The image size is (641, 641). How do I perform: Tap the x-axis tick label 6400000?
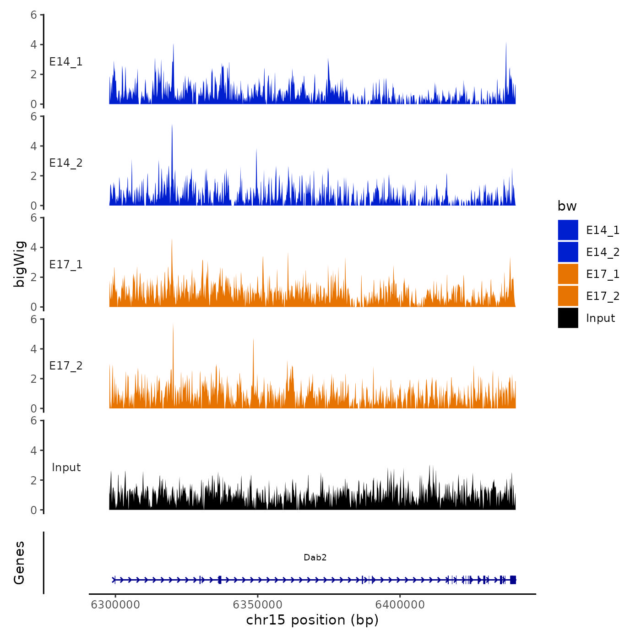point(400,605)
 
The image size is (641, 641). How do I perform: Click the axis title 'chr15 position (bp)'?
point(312,620)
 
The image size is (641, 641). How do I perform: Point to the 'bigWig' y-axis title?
point(19,264)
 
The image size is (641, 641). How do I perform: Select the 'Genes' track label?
point(19,563)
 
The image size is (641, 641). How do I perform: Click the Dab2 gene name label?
point(315,558)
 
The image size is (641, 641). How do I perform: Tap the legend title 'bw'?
point(567,206)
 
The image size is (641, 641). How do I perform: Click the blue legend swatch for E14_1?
point(568,230)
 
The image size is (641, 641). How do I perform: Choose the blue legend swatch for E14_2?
point(568,252)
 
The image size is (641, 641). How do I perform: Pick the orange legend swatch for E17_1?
point(568,274)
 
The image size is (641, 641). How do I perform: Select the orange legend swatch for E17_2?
point(568,296)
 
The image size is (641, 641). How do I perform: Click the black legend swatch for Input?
point(568,318)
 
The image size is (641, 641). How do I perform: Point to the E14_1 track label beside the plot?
point(66,62)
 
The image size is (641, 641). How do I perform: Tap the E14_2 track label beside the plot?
point(66,163)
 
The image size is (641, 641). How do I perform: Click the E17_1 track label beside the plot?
point(66,265)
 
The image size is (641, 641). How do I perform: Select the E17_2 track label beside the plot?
point(66,366)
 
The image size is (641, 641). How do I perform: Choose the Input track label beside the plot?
point(66,467)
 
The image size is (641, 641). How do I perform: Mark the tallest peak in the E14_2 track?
point(172,125)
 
